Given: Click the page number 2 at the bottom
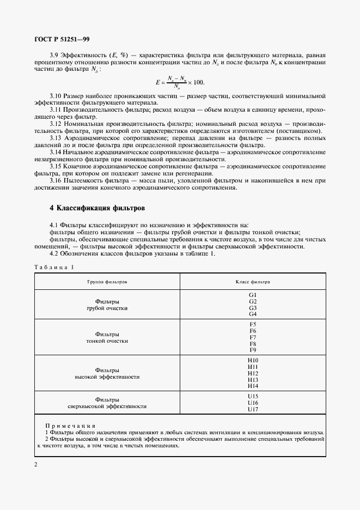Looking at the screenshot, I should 35,465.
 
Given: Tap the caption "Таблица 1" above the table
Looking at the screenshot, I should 53,267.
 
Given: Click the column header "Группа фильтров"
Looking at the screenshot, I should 107,282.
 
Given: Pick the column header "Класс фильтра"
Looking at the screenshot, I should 252,282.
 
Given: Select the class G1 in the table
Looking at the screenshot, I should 252,295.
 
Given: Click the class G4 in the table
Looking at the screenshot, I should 252,314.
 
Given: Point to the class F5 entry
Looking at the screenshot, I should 252,325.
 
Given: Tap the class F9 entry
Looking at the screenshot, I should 252,350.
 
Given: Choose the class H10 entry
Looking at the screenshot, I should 252,360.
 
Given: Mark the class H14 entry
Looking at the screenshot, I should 252,386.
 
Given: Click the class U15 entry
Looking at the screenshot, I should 252,396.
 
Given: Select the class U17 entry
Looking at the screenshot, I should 252,409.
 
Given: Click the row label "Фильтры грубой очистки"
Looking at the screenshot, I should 107,305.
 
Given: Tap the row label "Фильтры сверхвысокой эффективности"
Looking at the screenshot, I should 107,403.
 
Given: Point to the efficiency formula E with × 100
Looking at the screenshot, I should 179,82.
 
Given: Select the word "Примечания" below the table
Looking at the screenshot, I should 70,426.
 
